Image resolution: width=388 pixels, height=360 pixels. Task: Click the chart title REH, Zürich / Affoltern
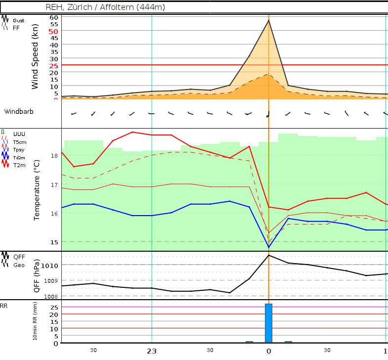pos(105,7)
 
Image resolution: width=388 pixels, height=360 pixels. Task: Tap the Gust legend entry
pos(18,21)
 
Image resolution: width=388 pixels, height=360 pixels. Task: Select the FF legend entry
pos(16,28)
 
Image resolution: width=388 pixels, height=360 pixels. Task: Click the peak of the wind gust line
pos(268,20)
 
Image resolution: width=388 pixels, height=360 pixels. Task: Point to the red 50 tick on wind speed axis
pos(53,31)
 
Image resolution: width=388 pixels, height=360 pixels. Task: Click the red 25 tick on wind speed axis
pos(53,65)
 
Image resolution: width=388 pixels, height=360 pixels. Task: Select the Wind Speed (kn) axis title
pos(35,58)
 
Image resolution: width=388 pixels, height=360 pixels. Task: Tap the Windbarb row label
pos(19,111)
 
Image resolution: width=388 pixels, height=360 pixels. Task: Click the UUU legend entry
pos(19,134)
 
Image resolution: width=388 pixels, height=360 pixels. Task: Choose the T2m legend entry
pos(20,165)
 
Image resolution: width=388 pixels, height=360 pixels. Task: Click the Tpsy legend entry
pos(19,149)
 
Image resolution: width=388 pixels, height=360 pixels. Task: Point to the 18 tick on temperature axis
pos(54,155)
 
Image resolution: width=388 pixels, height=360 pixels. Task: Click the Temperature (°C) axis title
pos(37,190)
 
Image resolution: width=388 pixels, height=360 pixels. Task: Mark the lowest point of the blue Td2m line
pos(268,247)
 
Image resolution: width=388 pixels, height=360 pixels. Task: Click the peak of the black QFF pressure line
pos(268,255)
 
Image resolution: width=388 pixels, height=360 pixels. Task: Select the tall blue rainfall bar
pos(268,323)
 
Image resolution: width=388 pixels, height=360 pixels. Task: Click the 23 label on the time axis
pos(151,351)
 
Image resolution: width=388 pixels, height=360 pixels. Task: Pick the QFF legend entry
pos(19,257)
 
